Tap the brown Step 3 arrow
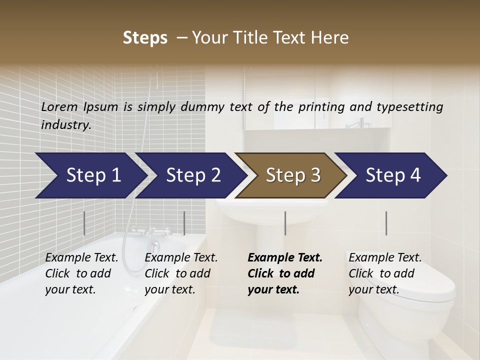pyautogui.click(x=292, y=175)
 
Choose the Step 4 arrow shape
pyautogui.click(x=392, y=175)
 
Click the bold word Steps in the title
pyautogui.click(x=145, y=37)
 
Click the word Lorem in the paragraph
pyautogui.click(x=60, y=106)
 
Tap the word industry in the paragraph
pyautogui.click(x=65, y=124)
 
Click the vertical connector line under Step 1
pyautogui.click(x=84, y=223)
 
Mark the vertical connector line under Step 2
pyautogui.click(x=184, y=223)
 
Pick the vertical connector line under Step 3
pyautogui.click(x=285, y=223)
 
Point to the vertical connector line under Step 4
pyautogui.click(x=386, y=223)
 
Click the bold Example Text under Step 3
pyautogui.click(x=285, y=257)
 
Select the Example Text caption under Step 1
pyautogui.click(x=81, y=257)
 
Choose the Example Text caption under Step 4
pyautogui.click(x=385, y=257)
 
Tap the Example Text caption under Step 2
pyautogui.click(x=181, y=257)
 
